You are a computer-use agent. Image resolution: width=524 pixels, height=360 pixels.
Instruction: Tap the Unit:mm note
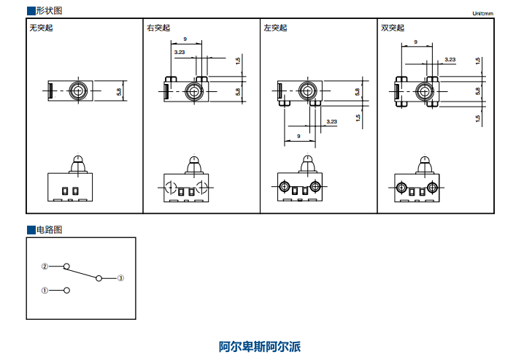point(483,13)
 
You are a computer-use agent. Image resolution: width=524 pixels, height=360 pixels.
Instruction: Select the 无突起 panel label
point(41,28)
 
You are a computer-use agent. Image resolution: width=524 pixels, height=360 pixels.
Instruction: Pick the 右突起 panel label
point(158,28)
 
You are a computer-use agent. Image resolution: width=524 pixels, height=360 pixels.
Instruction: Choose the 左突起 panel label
point(275,28)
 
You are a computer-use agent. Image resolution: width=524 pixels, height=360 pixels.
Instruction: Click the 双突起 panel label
point(393,28)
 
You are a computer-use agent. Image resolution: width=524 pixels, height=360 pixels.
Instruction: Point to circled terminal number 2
point(45,267)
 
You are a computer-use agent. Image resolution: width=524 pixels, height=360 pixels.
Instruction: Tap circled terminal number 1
point(45,290)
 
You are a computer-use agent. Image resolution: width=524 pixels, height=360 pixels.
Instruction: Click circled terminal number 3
point(121,277)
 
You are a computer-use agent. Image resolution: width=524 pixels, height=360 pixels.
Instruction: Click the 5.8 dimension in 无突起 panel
point(120,91)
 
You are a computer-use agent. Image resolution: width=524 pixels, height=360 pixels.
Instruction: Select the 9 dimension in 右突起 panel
point(185,38)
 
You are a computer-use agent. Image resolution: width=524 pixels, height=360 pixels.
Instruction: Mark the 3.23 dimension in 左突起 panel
point(331,121)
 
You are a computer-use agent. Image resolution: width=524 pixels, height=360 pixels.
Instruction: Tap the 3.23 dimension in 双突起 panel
point(450,59)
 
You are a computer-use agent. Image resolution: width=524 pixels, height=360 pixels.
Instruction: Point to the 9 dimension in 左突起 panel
point(299,136)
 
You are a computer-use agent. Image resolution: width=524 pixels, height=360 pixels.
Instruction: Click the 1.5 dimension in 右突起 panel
point(238,61)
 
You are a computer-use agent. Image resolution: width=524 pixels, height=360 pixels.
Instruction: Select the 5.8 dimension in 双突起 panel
point(478,91)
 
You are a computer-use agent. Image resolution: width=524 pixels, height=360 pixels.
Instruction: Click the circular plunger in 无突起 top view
point(77,91)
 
